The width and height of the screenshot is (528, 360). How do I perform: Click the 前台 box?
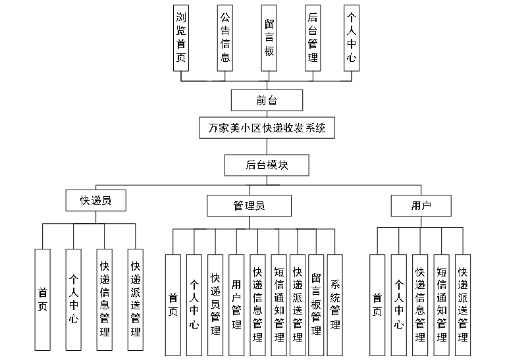coord(267,100)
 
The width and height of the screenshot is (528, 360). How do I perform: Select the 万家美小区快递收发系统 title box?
coord(267,128)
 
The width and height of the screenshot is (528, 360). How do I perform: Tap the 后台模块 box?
coord(267,165)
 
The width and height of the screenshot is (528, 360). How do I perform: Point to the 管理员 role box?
coord(249,206)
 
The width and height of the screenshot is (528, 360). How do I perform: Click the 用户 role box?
coord(420,205)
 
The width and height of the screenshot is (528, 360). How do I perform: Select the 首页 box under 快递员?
coord(43,299)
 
